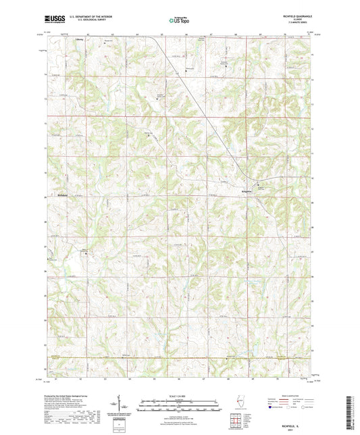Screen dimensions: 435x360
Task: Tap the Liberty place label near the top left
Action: click(78, 39)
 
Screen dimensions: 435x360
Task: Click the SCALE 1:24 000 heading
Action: click(179, 395)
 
